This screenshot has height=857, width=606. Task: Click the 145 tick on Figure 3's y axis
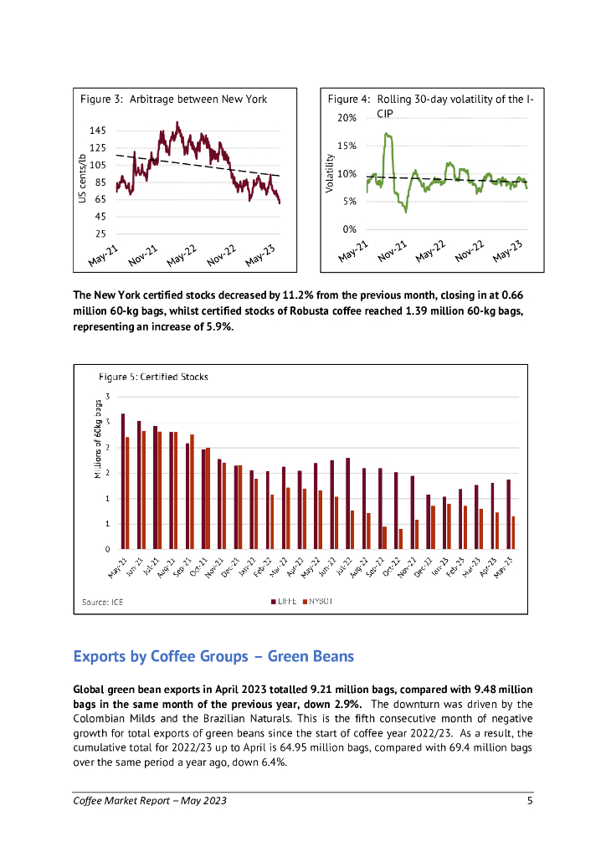97,131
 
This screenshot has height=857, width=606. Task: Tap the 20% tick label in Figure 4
347,118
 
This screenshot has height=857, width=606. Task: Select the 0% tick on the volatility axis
350,228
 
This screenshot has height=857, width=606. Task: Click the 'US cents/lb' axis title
82,178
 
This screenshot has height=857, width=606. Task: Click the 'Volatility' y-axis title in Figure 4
330,176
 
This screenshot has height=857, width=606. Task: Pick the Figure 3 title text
173,99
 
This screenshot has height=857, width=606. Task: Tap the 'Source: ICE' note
102,602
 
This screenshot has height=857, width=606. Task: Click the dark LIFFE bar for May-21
122,481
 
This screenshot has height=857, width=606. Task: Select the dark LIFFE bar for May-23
508,514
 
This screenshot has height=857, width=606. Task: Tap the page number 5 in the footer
530,801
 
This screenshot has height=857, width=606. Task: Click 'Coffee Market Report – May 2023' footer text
150,801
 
